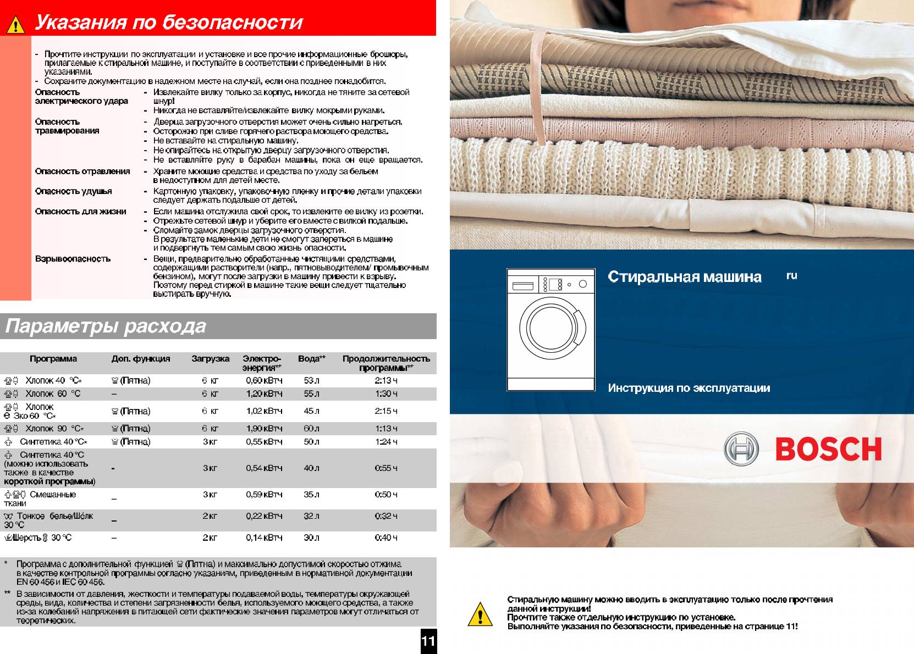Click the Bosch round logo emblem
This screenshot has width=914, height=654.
[741, 449]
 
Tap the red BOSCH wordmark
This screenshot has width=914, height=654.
[828, 450]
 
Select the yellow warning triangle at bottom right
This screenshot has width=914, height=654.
[480, 614]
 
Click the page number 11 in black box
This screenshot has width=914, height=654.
[428, 641]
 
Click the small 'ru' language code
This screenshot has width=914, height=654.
[791, 276]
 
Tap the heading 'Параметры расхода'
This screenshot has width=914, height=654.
[106, 326]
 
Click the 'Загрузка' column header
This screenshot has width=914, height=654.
[210, 359]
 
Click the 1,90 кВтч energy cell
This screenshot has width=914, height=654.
[264, 429]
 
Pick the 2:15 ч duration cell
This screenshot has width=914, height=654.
[386, 411]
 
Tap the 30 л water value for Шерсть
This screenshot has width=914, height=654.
[311, 537]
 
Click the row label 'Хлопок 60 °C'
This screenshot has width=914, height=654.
[53, 393]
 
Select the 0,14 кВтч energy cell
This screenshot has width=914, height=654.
[264, 537]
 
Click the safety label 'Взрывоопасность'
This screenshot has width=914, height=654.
[73, 259]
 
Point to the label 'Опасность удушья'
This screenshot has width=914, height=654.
[73, 191]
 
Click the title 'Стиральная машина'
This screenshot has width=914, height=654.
[685, 277]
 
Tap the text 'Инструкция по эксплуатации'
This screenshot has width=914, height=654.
[689, 388]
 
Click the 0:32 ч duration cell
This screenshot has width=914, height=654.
[386, 516]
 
